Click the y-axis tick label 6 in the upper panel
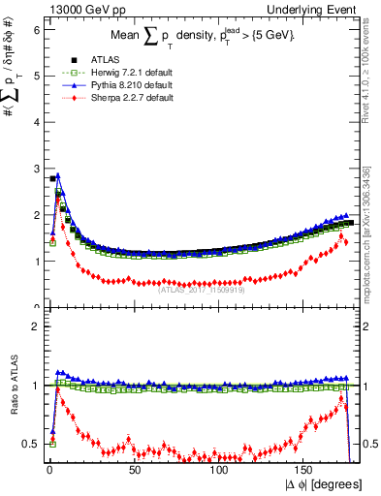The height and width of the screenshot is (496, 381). pos(36,29)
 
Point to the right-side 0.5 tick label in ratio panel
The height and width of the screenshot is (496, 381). pos(371,444)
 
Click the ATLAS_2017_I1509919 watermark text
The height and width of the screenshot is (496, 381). pos(202,288)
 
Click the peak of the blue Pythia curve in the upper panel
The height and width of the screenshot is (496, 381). pos(58,176)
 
